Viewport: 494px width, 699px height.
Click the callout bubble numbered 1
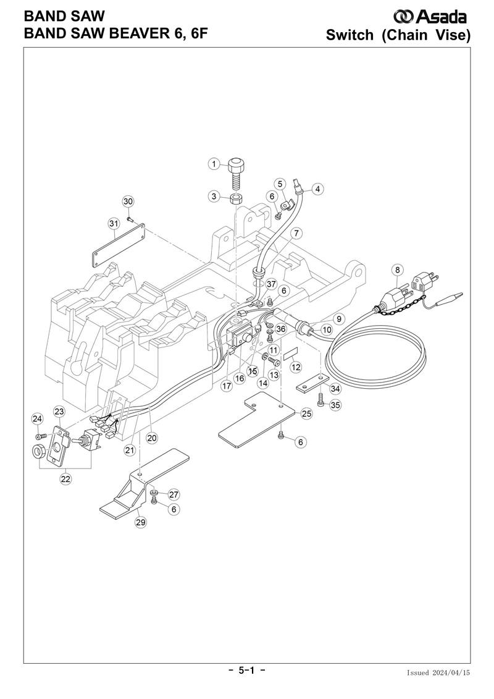click(x=214, y=164)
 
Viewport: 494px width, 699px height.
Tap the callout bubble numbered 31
click(x=114, y=223)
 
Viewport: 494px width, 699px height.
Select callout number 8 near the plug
click(x=397, y=269)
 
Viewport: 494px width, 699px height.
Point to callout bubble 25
click(x=306, y=413)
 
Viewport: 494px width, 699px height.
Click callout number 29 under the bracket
click(x=141, y=522)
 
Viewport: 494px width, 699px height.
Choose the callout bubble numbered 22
click(x=66, y=479)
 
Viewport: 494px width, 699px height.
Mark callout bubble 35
click(x=335, y=405)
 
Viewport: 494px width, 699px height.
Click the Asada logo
click(x=430, y=17)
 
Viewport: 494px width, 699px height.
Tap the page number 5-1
click(x=247, y=670)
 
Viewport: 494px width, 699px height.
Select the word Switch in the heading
click(x=350, y=35)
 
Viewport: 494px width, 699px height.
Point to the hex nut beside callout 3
click(x=237, y=198)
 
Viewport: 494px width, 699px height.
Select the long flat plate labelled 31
click(x=119, y=245)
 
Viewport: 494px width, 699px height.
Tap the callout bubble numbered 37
click(x=271, y=284)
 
